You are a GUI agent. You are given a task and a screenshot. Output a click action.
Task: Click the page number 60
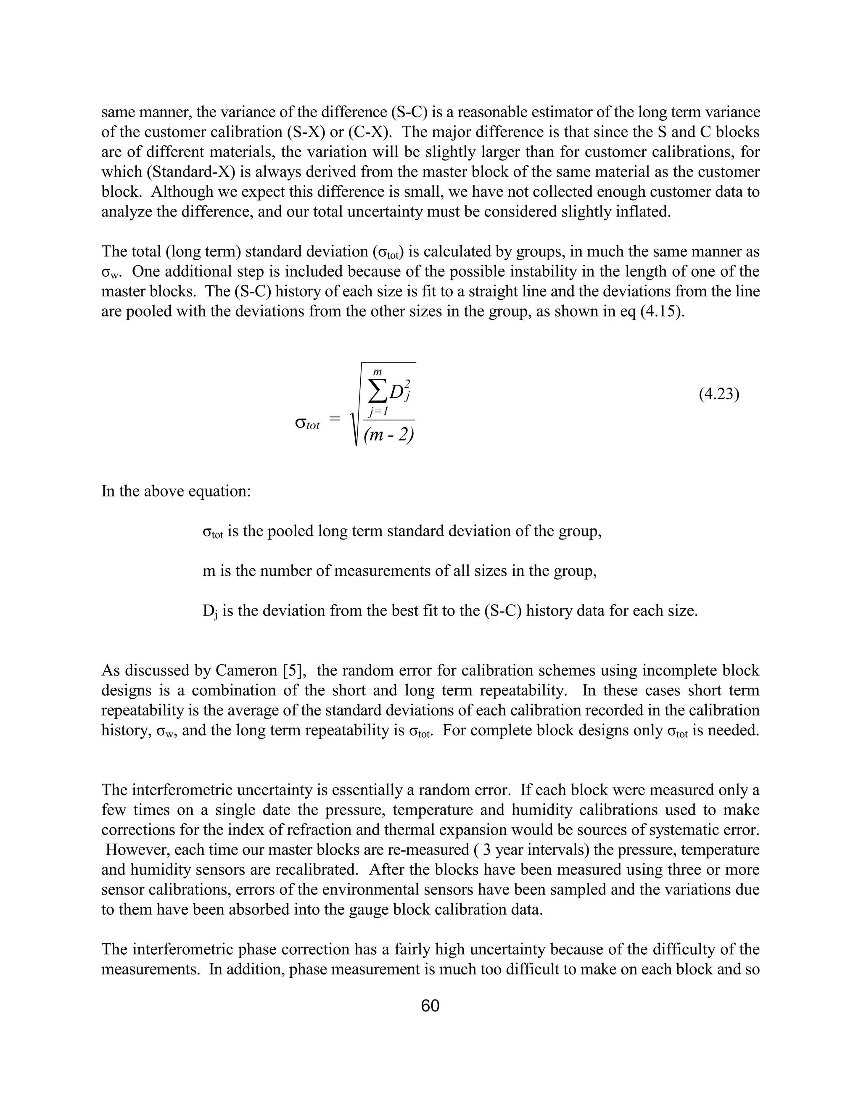[430, 1006]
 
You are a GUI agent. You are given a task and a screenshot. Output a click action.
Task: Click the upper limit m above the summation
[378, 373]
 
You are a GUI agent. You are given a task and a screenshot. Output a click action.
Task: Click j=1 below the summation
[378, 411]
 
